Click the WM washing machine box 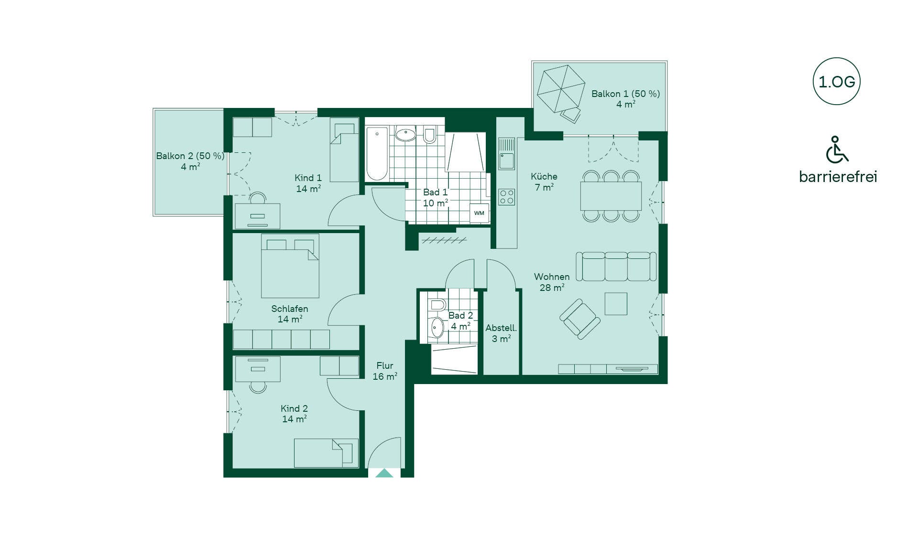(479, 213)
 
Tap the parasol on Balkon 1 (561, 89)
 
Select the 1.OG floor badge (837, 82)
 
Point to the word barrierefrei (838, 177)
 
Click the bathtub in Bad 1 (377, 153)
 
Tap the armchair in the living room (580, 319)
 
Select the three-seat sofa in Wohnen (616, 267)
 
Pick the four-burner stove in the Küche (506, 197)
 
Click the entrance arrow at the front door (384, 473)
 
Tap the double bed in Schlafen (290, 266)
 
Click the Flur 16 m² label (385, 371)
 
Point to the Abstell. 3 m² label (501, 333)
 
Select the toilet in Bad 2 (437, 305)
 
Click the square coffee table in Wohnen (616, 304)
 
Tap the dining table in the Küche (611, 196)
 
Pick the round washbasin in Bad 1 (406, 135)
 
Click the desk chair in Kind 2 (258, 386)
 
